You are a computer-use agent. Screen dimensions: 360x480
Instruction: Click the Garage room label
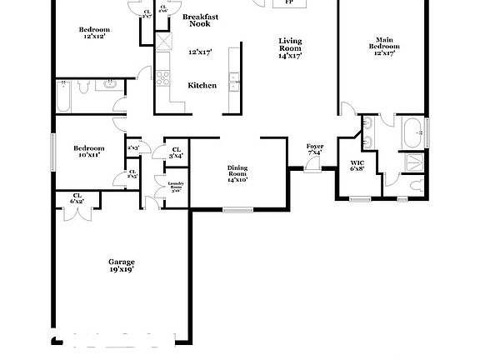click(121, 265)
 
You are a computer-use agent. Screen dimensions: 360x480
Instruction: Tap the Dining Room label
click(237, 173)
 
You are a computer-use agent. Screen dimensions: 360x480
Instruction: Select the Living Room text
click(290, 48)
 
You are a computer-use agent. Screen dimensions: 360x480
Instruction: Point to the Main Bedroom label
click(384, 46)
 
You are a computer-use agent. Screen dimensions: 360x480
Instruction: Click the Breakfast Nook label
click(200, 20)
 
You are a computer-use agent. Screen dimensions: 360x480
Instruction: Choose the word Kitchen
click(202, 85)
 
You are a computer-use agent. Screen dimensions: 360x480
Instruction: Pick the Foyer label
click(315, 149)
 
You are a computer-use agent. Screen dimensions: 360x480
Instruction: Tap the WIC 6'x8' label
click(357, 166)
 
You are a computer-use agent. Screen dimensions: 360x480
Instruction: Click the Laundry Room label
click(176, 187)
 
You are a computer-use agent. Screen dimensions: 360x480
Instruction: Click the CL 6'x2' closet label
click(77, 198)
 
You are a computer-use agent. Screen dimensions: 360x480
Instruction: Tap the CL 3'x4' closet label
click(177, 152)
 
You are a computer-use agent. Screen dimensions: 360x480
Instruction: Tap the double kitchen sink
click(234, 82)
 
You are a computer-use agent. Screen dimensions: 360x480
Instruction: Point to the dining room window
click(237, 208)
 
